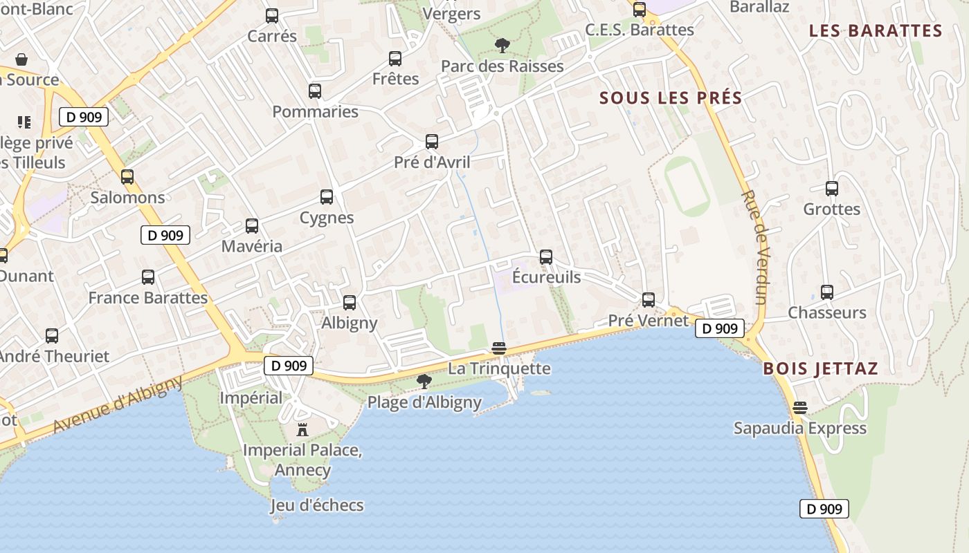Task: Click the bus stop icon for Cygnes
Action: [x=327, y=197]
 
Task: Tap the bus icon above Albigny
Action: [x=350, y=302]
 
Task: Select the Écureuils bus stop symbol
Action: [x=546, y=257]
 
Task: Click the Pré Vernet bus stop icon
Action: [x=649, y=300]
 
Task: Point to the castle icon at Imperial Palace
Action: [x=302, y=430]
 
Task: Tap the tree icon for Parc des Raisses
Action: [x=502, y=46]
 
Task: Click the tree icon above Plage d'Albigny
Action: [x=424, y=381]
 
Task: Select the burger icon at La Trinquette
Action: [x=498, y=348]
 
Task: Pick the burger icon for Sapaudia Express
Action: [x=800, y=408]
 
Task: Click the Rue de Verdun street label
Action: [x=754, y=247]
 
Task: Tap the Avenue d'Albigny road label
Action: [x=118, y=404]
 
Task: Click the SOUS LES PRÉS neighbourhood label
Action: [x=671, y=98]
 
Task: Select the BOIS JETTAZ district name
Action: [x=820, y=368]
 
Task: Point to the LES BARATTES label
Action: [x=876, y=31]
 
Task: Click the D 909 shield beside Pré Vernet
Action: [x=720, y=328]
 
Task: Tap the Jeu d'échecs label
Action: [x=317, y=505]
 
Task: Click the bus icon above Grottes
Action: [x=832, y=189]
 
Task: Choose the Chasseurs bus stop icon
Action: [x=827, y=292]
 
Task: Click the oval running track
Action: [x=687, y=186]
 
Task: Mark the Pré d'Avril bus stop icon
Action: [x=432, y=142]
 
